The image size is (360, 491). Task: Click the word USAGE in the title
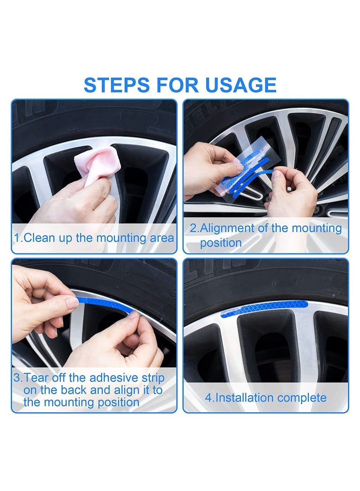pyautogui.click(x=241, y=85)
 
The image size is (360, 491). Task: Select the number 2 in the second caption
pyautogui.click(x=192, y=228)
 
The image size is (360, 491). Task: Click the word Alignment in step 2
pyautogui.click(x=229, y=228)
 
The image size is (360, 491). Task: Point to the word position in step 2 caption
pyautogui.click(x=220, y=243)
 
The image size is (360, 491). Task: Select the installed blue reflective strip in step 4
pyautogui.click(x=265, y=308)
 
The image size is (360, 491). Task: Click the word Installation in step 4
pyautogui.click(x=243, y=398)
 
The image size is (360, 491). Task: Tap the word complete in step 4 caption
pyautogui.click(x=302, y=398)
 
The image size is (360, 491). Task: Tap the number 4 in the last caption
pyautogui.click(x=208, y=398)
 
